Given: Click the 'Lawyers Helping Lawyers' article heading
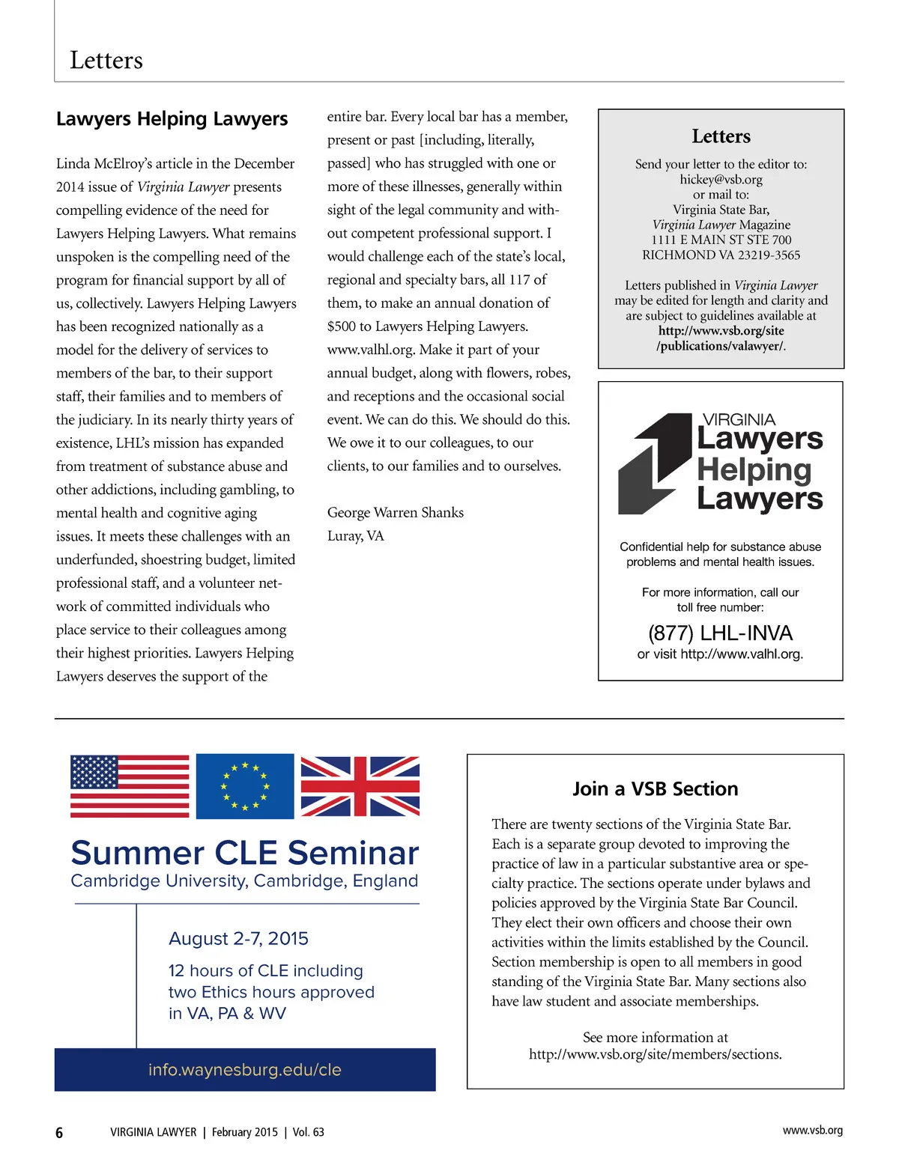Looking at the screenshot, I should pos(172,119).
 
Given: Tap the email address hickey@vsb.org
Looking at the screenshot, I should pos(721,180).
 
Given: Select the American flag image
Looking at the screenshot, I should pos(130,785).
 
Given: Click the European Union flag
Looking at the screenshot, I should pos(245,786).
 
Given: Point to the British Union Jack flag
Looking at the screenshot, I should pos(360,786).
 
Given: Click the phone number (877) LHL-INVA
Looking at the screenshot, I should pos(720,633).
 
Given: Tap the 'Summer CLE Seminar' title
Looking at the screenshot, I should pos(245,853).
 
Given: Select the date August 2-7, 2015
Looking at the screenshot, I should pos(238,939).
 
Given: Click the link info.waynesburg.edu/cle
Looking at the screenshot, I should pos(245,1070).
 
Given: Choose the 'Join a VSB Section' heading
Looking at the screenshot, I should pos(656,789).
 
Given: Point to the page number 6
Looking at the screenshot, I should pos(59,1133).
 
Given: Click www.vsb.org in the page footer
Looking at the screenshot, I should pos(812,1131).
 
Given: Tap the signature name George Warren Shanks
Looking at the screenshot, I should pos(396,513).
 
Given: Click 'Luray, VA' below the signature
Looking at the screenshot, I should pos(355,536).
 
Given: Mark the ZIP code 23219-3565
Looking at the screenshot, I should pos(763,255).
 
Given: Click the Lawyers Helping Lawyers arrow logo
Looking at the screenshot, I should pos(654,463).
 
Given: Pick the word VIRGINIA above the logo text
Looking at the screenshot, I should pos(739,420).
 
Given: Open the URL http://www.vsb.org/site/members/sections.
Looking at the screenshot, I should pos(655,1054).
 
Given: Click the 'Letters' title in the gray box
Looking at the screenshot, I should pos(721,136).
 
